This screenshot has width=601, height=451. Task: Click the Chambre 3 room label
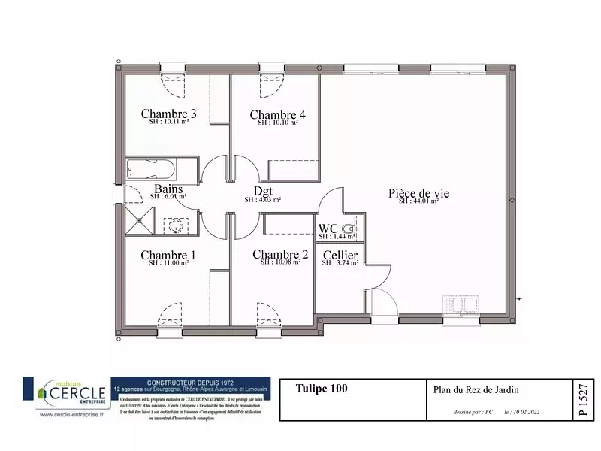(169, 114)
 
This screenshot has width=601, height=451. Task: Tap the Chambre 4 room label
(278, 114)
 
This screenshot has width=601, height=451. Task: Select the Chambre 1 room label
(168, 256)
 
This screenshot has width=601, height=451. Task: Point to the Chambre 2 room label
(280, 255)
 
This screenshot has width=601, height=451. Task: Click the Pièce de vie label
(418, 193)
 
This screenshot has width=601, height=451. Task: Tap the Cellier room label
(340, 257)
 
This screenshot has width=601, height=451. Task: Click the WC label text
(328, 229)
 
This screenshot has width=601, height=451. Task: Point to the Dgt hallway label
(263, 192)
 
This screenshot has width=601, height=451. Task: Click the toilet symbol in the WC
(349, 228)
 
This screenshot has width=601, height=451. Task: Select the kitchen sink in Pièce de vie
(461, 304)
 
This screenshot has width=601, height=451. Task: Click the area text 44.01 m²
(424, 201)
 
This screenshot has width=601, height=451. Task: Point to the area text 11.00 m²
(168, 263)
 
